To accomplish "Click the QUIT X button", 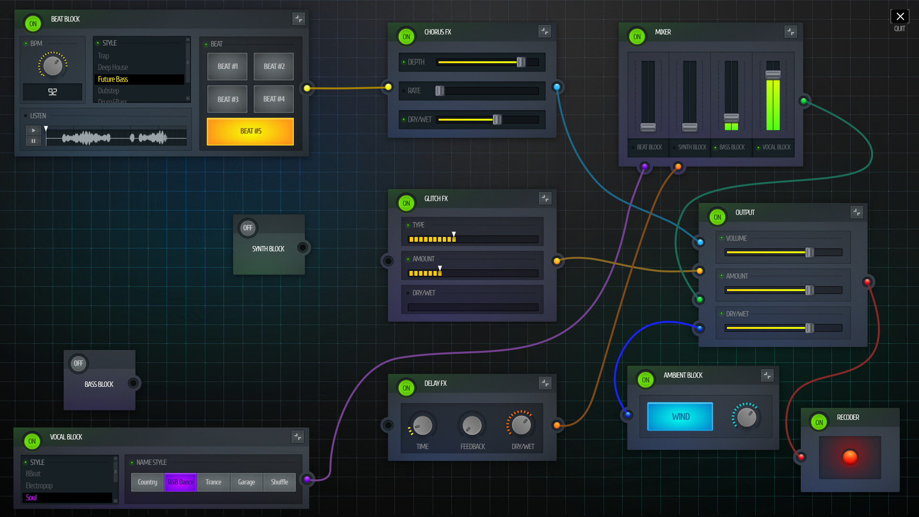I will [x=899, y=17].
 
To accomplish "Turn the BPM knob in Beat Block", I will [x=53, y=66].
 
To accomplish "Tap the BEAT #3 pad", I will [x=227, y=99].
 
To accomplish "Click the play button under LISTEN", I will [x=33, y=130].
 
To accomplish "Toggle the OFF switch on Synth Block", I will [x=247, y=228].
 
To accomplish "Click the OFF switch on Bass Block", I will [x=78, y=363].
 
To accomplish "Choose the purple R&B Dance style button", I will [x=180, y=482].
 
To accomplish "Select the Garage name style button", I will [x=246, y=482].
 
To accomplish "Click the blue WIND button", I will [x=680, y=416].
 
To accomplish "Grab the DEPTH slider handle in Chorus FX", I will [x=521, y=62].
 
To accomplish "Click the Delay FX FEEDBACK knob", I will [x=472, y=425].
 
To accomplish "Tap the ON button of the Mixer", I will [x=637, y=37].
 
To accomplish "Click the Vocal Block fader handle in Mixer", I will [x=773, y=74].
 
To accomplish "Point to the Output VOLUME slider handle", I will [x=809, y=252].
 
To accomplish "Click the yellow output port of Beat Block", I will [x=307, y=88].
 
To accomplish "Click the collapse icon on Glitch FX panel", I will [x=545, y=198].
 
